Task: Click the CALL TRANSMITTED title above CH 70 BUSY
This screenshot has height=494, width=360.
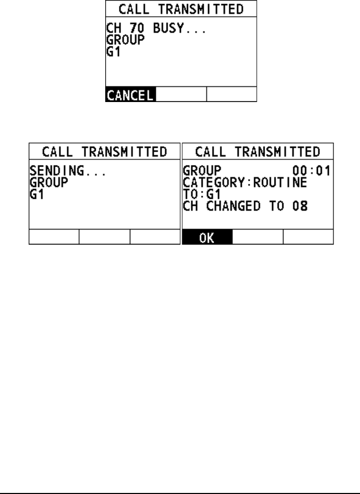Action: point(182,9)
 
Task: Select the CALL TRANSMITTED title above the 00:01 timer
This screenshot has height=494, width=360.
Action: point(257,152)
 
